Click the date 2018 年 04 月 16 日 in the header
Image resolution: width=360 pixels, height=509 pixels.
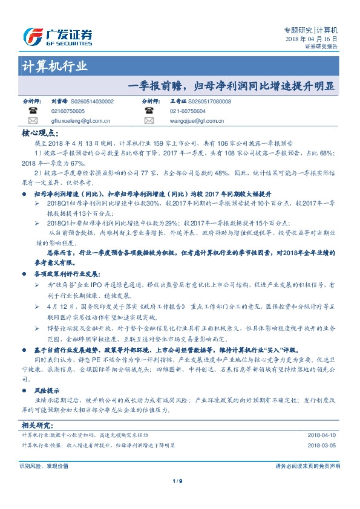311,39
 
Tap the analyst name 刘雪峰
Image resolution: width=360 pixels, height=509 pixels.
59,102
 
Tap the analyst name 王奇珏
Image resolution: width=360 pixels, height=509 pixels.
178,102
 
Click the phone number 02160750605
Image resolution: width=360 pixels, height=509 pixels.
68,112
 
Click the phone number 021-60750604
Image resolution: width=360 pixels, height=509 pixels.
188,112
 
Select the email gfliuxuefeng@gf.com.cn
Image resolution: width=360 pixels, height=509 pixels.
76,121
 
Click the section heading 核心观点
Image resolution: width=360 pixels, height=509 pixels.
39,133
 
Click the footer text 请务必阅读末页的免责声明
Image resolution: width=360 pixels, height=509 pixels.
307,466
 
